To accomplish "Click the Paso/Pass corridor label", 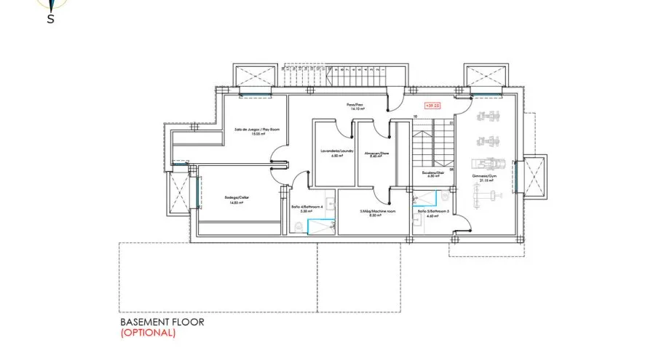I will pos(355,106).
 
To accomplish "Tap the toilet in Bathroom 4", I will pos(299,228).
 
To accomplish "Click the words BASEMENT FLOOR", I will pos(162,321).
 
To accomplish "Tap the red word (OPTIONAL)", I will pos(147,333).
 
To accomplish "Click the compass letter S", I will pos(50,20).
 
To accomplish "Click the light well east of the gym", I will pos(534,178).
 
